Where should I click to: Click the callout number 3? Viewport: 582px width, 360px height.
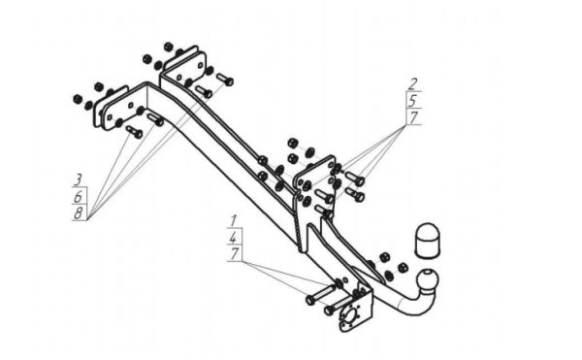78,180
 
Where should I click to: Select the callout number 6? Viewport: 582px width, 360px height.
78,196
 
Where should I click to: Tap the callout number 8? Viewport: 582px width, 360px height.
79,213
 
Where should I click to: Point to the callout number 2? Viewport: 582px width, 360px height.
413,84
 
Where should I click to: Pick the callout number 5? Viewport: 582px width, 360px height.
413,101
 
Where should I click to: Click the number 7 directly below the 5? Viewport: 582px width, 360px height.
413,117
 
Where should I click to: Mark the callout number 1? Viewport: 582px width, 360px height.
233,221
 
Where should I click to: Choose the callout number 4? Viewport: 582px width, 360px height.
234,238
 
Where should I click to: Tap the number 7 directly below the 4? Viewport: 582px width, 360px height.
234,254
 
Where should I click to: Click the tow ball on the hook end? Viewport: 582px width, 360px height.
427,280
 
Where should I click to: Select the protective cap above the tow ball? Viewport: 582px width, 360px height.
428,240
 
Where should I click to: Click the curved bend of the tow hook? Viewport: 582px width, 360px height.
416,305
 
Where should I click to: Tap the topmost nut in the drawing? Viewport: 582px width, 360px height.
169,47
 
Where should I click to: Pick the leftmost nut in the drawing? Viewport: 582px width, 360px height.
78,99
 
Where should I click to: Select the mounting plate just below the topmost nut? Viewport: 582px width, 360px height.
184,66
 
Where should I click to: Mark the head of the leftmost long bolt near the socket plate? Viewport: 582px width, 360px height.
310,300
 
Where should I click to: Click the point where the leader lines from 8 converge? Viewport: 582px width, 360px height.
88,219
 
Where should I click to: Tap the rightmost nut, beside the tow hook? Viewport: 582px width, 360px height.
403,267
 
